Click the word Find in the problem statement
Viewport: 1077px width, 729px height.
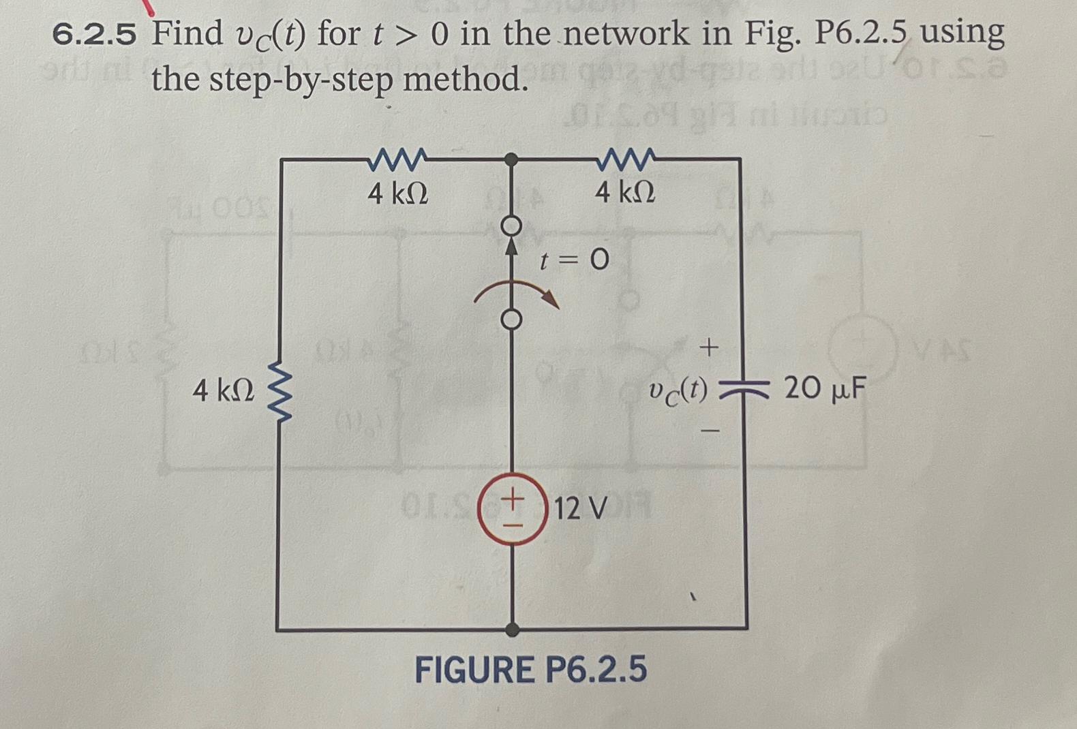point(187,34)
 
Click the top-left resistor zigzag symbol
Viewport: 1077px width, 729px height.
point(397,161)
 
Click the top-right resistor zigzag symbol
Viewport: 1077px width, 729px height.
point(626,161)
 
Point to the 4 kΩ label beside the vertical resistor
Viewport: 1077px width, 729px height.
point(223,391)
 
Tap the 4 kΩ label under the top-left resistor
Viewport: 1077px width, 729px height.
point(398,195)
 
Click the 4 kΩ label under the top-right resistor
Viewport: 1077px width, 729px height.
point(625,193)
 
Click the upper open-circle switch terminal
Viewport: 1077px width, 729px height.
point(513,226)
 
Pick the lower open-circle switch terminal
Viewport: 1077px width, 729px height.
point(513,318)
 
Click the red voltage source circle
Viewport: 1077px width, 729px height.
point(513,508)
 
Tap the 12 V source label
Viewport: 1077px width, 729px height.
point(579,508)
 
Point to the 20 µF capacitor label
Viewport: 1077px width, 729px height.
point(825,389)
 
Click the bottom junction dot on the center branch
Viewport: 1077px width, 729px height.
point(513,629)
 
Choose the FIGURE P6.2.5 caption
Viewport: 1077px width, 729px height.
point(531,670)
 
